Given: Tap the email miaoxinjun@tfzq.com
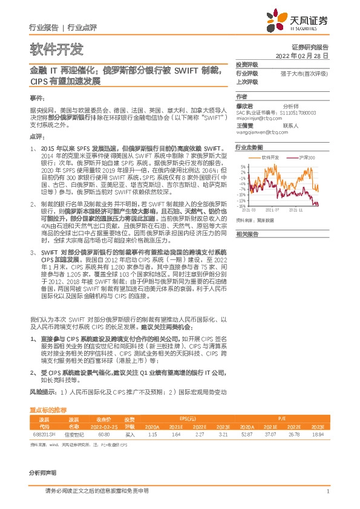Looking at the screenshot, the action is point(254,119).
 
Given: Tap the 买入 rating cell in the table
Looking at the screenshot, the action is point(129,433).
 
